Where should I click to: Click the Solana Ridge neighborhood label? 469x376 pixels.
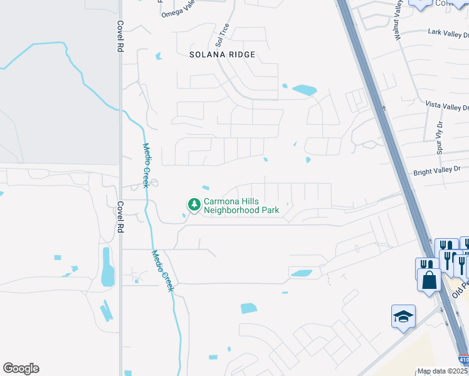[223, 55]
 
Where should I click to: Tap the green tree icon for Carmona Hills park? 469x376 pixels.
[194, 204]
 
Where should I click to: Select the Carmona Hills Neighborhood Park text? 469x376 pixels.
[241, 206]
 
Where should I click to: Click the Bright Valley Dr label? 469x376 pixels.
[436, 170]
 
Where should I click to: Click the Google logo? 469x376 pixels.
[21, 368]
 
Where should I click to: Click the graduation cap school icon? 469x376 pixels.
[403, 316]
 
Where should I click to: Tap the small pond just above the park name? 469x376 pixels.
[206, 187]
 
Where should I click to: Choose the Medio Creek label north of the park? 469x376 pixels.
[145, 164]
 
